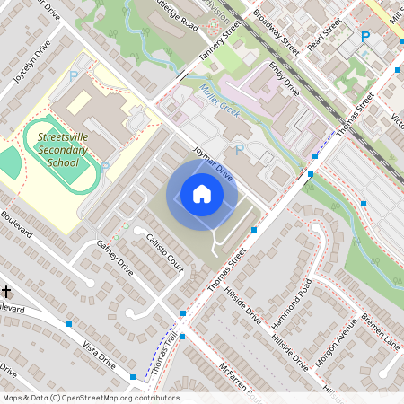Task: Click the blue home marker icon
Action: [x=201, y=194]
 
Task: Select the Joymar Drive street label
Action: [x=213, y=167]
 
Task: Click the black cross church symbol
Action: [x=7, y=291]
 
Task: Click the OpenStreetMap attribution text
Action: [x=90, y=398]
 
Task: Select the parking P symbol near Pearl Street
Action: [x=364, y=37]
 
